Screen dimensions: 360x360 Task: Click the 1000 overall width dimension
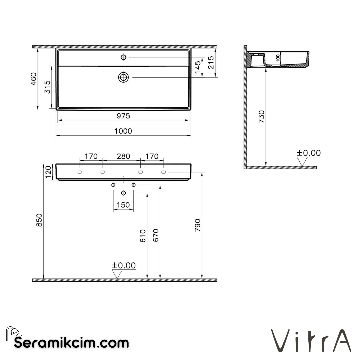pos(123,131)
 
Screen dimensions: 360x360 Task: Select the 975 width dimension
pos(123,116)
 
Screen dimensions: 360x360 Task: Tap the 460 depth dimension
pos(33,79)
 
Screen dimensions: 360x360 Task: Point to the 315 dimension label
pos(48,87)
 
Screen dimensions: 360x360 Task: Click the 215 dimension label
pos(211,63)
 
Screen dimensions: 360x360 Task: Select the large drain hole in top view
pos(123,77)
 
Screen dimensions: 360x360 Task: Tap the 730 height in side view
pos(261,117)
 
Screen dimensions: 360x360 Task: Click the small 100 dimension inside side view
pos(278,58)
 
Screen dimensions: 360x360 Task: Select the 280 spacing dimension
pos(123,156)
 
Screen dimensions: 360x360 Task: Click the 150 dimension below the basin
pos(123,205)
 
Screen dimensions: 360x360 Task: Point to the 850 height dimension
pos(39,220)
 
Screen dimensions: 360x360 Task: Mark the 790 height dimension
pos(197,226)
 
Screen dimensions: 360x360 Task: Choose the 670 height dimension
pos(156,235)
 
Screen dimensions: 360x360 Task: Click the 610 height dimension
pos(143,235)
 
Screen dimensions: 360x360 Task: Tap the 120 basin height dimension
pos(48,172)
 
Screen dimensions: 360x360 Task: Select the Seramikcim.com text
pos(71,342)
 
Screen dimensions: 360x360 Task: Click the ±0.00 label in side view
pos(309,153)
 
